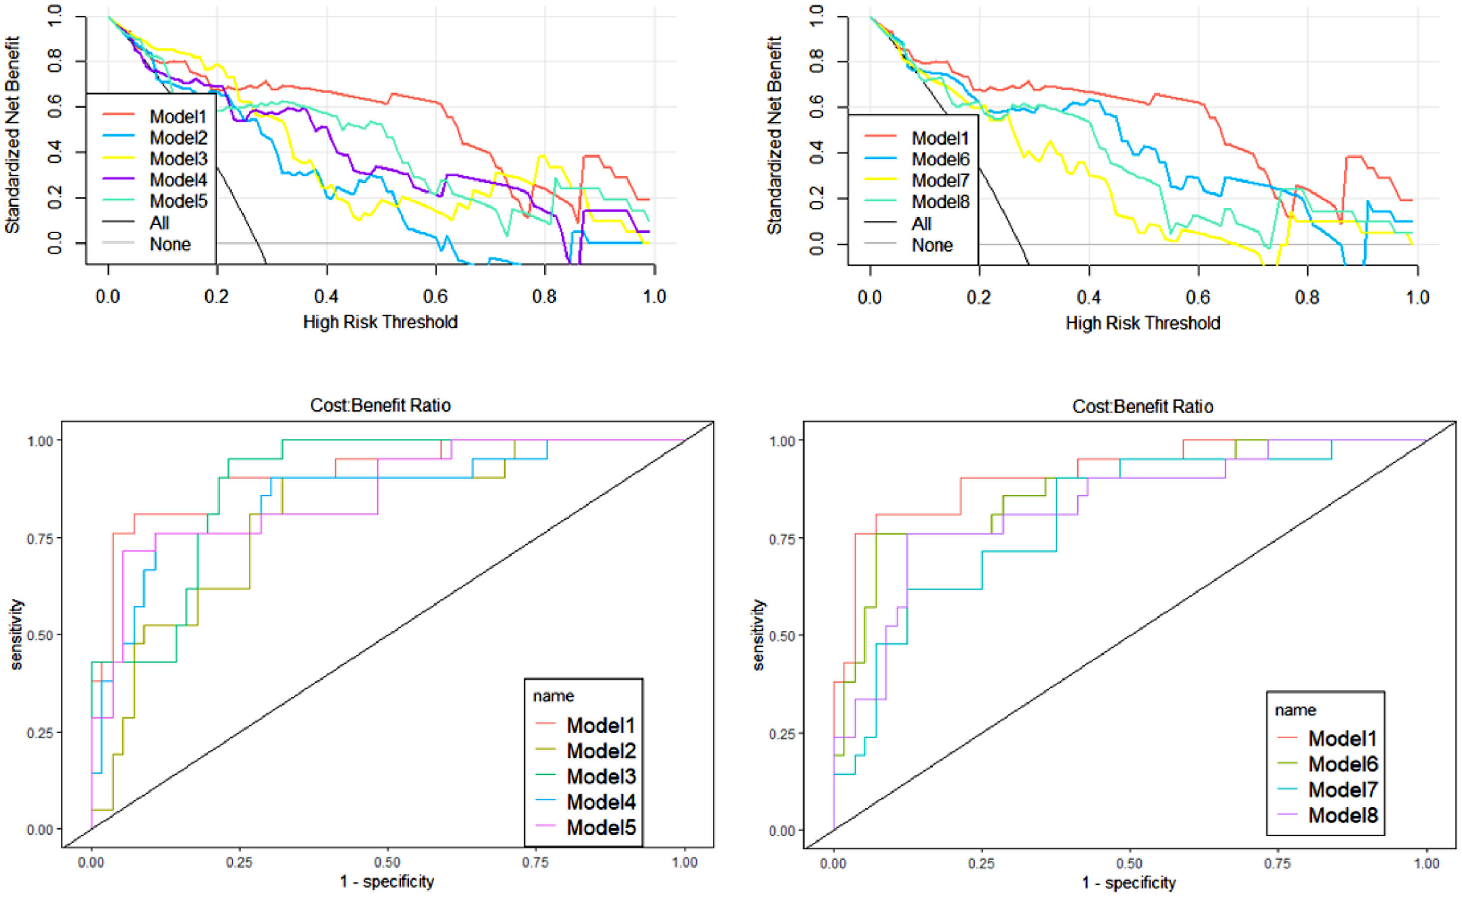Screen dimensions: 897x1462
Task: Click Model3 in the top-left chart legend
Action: [x=178, y=159]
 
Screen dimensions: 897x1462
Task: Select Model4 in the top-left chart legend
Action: [x=178, y=180]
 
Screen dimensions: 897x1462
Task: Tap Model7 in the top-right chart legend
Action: [x=940, y=180]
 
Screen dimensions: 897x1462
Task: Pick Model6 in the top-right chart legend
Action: [x=940, y=159]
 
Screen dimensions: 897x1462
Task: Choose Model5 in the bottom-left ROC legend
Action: [x=601, y=827]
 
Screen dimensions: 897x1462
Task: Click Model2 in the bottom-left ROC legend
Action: [x=601, y=750]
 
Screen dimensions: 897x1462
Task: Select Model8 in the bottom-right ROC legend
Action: [x=1343, y=815]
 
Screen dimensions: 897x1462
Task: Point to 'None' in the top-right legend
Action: [x=932, y=245]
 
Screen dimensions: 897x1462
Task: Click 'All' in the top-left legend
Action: [x=159, y=223]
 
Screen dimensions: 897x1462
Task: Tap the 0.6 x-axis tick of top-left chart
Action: [x=436, y=296]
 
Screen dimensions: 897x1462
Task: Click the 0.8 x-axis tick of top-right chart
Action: [x=1307, y=297]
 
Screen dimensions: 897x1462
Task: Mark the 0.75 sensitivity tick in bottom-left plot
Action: [x=41, y=538]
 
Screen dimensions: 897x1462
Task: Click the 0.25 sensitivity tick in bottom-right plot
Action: [x=783, y=733]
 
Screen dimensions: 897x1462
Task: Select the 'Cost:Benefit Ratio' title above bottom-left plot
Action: [x=380, y=405]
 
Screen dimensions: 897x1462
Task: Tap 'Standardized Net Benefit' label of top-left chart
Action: [x=12, y=135]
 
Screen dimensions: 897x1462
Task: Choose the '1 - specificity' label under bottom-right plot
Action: [x=1129, y=883]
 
